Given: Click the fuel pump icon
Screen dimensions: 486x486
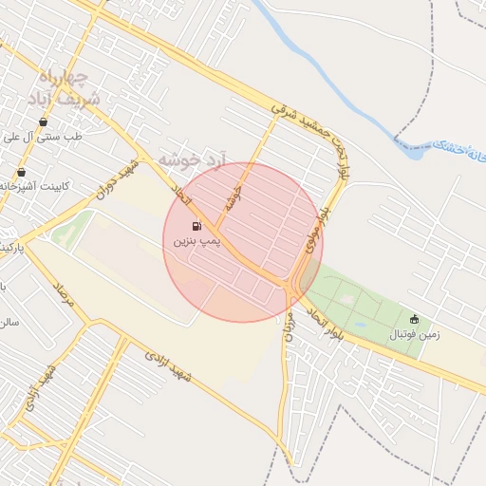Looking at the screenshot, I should pyautogui.click(x=196, y=226).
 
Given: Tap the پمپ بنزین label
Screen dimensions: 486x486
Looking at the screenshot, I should pyautogui.click(x=196, y=243).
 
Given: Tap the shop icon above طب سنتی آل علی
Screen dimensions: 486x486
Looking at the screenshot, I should pyautogui.click(x=43, y=121).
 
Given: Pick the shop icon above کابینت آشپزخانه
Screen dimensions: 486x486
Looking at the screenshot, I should pyautogui.click(x=21, y=172).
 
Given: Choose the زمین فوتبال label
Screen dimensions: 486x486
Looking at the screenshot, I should pyautogui.click(x=408, y=335).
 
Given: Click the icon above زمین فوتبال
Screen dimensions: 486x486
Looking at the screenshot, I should pyautogui.click(x=413, y=319).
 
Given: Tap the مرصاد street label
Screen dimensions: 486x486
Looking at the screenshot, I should pyautogui.click(x=64, y=298).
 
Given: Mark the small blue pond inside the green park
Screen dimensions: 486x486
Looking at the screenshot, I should pyautogui.click(x=362, y=324).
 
